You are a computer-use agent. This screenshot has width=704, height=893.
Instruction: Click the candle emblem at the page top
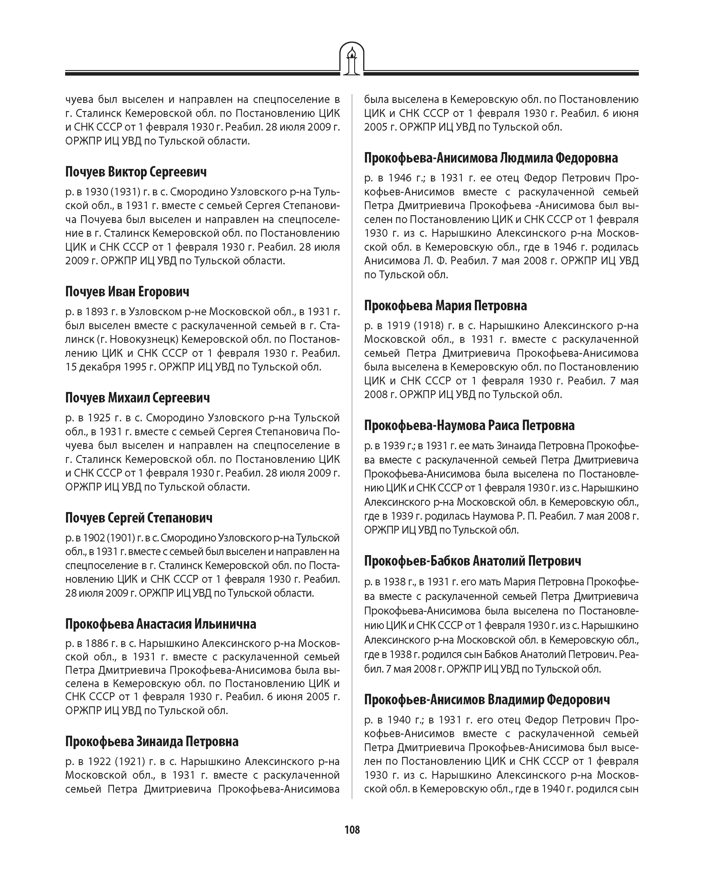click(352, 59)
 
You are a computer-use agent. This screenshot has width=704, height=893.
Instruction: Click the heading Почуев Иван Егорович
click(127, 292)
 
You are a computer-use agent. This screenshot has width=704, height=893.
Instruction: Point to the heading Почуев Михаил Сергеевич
click(137, 398)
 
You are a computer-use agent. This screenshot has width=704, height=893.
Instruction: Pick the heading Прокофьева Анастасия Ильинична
click(160, 624)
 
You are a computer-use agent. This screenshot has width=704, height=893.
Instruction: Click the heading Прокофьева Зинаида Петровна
click(152, 741)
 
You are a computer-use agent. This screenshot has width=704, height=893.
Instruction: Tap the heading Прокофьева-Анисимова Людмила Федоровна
click(491, 158)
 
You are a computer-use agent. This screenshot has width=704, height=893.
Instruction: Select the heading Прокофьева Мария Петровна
click(445, 305)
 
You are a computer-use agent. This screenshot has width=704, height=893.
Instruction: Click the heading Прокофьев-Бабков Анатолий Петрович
click(472, 561)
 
